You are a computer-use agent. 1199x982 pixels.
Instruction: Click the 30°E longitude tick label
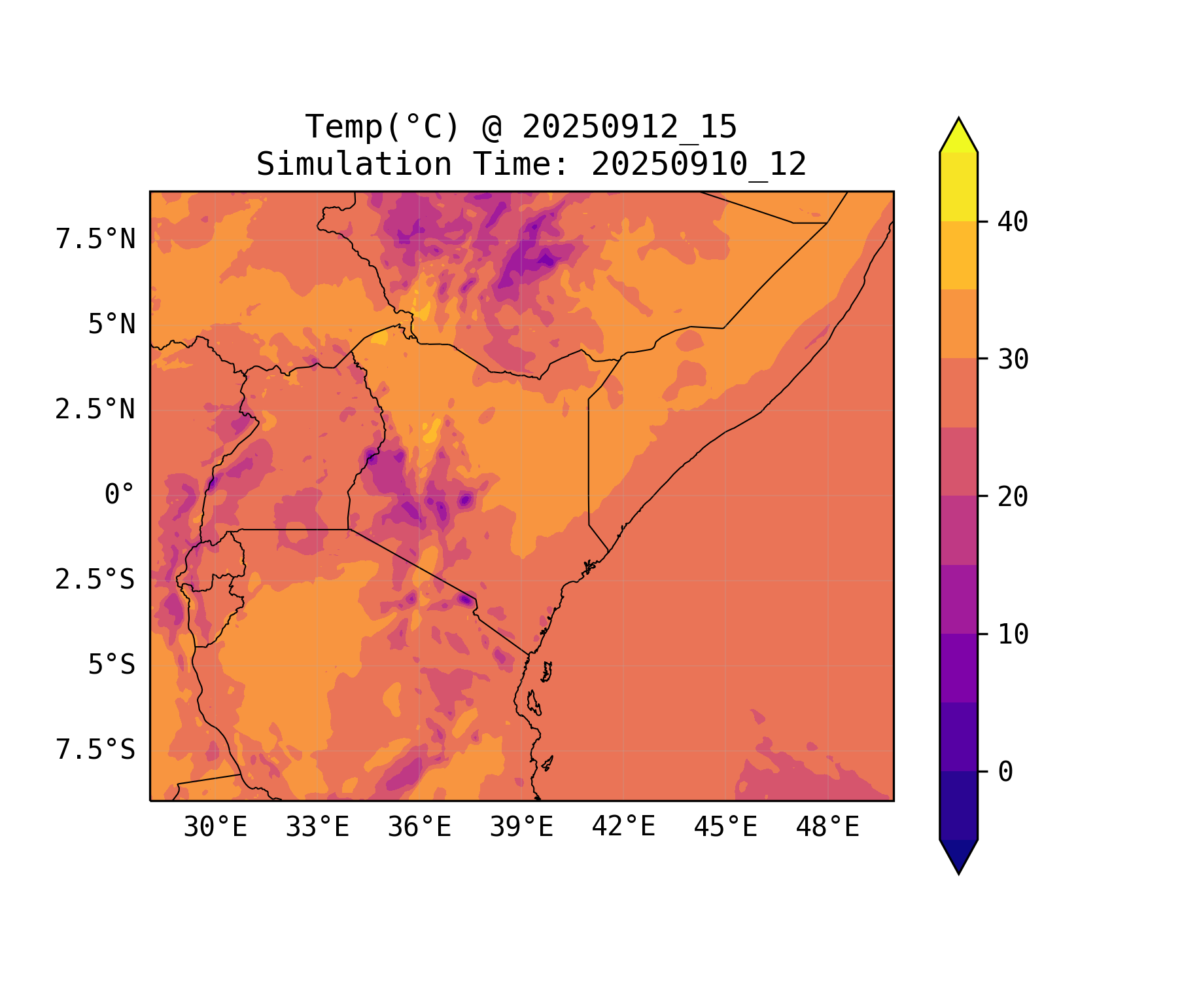coord(215,827)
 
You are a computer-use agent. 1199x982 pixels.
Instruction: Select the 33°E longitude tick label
coord(317,827)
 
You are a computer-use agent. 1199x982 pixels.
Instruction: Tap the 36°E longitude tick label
coord(419,827)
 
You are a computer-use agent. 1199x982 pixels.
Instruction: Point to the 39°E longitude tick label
coord(521,827)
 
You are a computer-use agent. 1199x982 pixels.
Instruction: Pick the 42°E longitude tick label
coord(623,827)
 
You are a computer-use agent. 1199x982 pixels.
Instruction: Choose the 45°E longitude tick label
coord(725,827)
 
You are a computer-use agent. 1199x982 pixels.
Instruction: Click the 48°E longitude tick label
coord(827,827)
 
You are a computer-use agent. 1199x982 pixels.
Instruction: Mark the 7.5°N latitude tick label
coord(96,240)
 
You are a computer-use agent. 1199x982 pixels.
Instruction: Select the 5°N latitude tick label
coord(112,325)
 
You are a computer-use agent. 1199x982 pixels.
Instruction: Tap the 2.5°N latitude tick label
coord(96,410)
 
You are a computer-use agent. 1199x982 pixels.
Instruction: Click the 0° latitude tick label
coord(120,495)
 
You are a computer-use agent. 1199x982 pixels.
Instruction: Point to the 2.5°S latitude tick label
coord(96,580)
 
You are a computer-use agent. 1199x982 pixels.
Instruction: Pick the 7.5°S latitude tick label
coord(96,750)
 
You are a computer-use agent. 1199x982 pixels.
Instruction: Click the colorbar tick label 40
coord(1013,223)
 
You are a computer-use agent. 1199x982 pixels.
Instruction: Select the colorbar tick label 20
coord(1013,497)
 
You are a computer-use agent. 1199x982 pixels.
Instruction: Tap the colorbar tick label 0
coord(1005,773)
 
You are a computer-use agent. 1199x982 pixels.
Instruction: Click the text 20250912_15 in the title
coord(629,127)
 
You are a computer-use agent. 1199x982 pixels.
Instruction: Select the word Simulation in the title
coord(354,164)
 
